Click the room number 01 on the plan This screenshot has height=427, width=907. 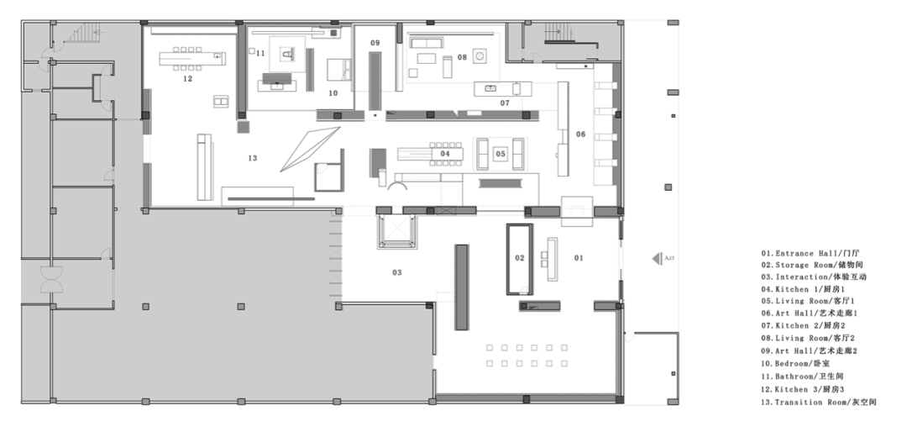(x=578, y=257)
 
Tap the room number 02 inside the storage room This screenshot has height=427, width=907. (x=519, y=258)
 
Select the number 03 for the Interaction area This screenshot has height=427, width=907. (x=396, y=272)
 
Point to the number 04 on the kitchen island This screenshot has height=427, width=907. (x=445, y=154)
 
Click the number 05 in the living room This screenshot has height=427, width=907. (x=500, y=154)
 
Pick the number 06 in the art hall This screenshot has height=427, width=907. (x=580, y=134)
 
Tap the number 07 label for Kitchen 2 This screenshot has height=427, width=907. (x=505, y=103)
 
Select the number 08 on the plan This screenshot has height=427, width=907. (x=462, y=57)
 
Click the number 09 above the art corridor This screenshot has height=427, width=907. (x=375, y=42)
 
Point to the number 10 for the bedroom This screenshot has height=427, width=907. (x=333, y=93)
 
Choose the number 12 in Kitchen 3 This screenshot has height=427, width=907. (x=186, y=79)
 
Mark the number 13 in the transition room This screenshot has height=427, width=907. (x=252, y=157)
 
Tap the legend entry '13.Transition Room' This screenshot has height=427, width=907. (x=818, y=403)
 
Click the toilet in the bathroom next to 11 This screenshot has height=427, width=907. (x=286, y=55)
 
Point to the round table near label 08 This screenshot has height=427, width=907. (x=481, y=57)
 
